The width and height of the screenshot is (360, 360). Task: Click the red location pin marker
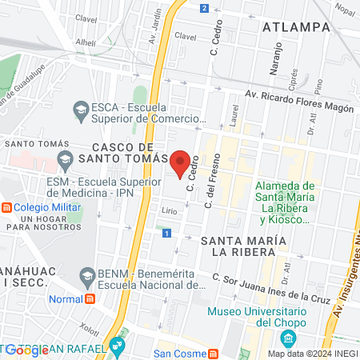(x=181, y=162)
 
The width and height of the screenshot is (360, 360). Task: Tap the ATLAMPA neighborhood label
(x=295, y=26)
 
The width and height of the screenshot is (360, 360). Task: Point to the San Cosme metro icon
(x=213, y=354)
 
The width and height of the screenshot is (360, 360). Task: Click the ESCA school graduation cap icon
(x=81, y=108)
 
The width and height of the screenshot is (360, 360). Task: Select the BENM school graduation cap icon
(x=87, y=275)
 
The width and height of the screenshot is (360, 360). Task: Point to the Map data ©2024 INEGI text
(x=312, y=354)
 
